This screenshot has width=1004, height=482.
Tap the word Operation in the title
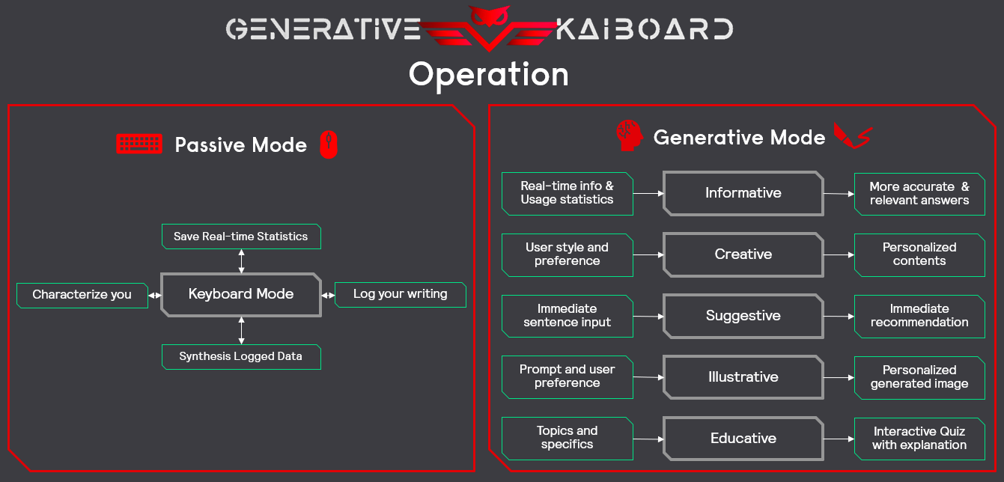click(x=489, y=76)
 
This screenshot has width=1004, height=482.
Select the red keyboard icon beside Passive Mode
click(x=139, y=144)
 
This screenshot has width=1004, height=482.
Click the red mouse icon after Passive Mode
click(x=329, y=144)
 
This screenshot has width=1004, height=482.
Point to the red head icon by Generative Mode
click(x=629, y=135)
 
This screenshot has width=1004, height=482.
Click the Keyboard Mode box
click(x=241, y=294)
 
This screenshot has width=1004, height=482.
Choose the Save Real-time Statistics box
click(x=241, y=237)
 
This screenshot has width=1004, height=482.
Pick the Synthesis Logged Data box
click(x=241, y=356)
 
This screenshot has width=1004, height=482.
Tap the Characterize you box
click(x=82, y=295)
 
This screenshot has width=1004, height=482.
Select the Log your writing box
click(x=401, y=295)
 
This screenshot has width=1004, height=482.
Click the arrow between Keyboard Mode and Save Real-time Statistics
click(x=242, y=261)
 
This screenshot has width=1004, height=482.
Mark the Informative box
click(x=743, y=194)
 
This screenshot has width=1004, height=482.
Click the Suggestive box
click(x=743, y=316)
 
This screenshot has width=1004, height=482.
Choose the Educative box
click(x=743, y=439)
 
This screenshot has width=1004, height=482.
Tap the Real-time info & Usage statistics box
click(x=568, y=194)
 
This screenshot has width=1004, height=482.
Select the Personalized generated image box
click(x=919, y=378)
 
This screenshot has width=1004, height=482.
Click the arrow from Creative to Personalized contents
click(x=839, y=255)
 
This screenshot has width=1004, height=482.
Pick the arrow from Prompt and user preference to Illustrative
click(x=648, y=377)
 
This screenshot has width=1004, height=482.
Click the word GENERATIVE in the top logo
click(x=323, y=29)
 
